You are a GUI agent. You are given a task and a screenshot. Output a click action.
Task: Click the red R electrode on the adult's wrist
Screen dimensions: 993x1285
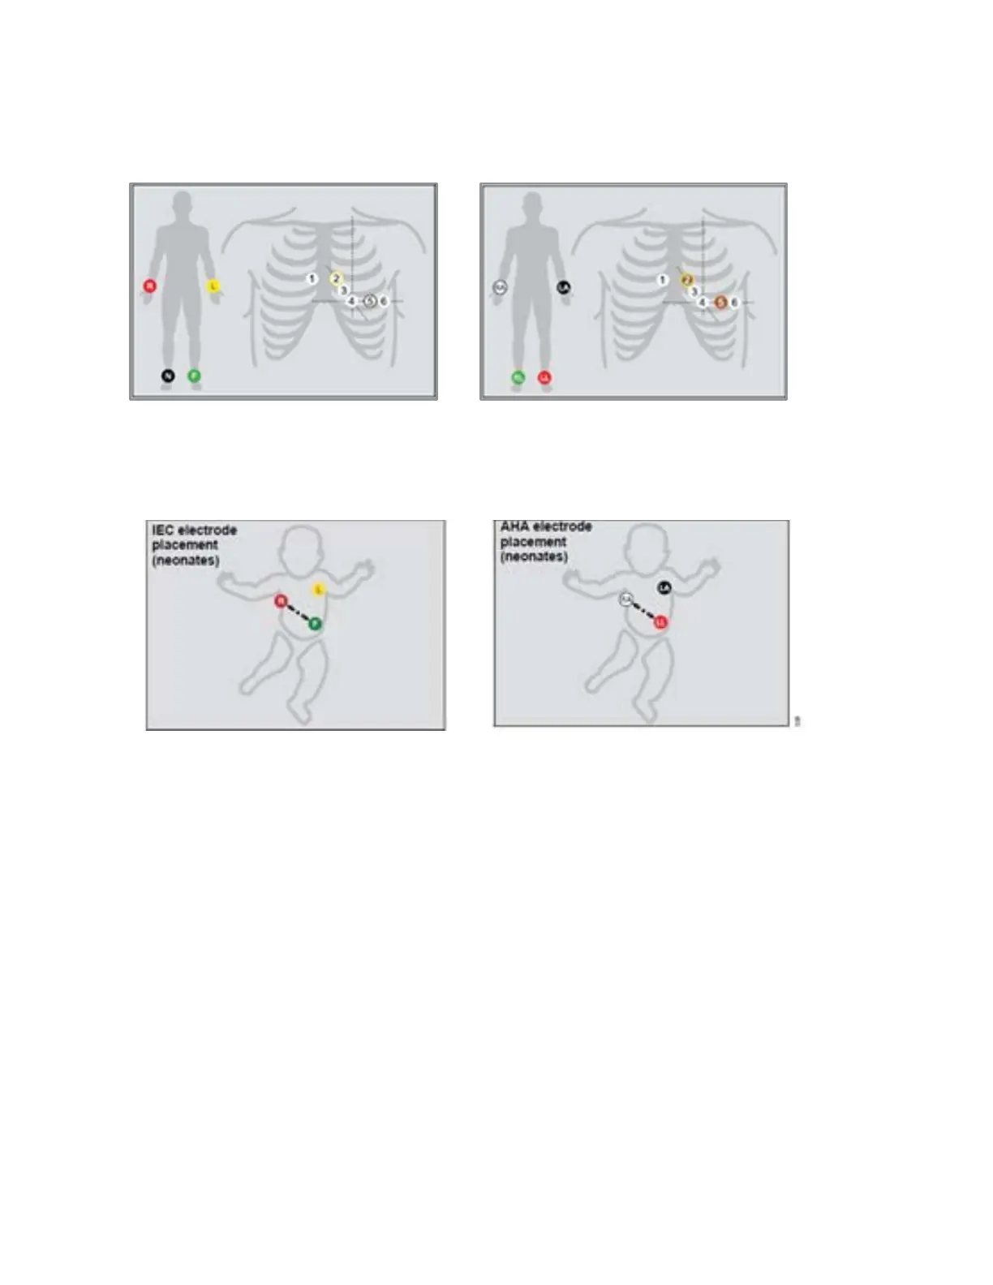[149, 286]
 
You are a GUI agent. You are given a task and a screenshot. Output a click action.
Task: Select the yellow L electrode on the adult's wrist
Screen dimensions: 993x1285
[213, 286]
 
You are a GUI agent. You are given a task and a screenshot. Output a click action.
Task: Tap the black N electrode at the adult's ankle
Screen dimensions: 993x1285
[168, 376]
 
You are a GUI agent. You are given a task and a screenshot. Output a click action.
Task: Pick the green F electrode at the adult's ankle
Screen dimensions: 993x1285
[194, 376]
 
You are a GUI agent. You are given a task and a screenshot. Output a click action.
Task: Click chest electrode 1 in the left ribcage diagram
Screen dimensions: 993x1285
[312, 279]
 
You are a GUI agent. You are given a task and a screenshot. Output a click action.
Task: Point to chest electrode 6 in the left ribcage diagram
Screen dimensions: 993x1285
[384, 301]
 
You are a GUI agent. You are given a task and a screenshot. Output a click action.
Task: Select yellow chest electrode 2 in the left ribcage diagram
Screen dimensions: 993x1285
[336, 279]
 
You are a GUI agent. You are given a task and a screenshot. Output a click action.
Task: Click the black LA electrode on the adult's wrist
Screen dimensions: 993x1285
[564, 287]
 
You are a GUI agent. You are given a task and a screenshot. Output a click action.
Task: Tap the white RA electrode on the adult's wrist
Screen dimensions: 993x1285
[500, 287]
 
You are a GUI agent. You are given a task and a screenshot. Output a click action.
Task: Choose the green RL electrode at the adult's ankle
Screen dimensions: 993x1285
[518, 377]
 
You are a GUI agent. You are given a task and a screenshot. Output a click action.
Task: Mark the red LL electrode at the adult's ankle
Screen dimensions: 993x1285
[545, 377]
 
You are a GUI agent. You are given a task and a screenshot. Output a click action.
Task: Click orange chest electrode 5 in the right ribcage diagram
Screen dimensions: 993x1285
[720, 303]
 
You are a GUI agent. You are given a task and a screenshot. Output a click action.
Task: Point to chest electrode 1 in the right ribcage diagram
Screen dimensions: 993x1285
[663, 280]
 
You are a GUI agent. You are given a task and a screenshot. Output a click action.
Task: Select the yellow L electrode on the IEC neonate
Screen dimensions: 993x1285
[319, 589]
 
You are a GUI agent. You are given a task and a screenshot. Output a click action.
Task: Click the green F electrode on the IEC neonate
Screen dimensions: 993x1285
[315, 623]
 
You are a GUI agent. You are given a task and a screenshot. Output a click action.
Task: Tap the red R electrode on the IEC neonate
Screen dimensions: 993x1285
[281, 601]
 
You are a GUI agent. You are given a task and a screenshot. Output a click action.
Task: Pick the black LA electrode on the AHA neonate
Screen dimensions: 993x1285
[664, 587]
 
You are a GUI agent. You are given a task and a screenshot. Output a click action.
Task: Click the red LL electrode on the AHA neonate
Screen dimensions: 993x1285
[660, 622]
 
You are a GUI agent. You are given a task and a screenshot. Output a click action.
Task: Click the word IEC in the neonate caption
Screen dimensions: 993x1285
[162, 530]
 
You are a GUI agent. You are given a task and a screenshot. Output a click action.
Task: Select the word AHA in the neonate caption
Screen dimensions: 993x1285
[514, 526]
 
